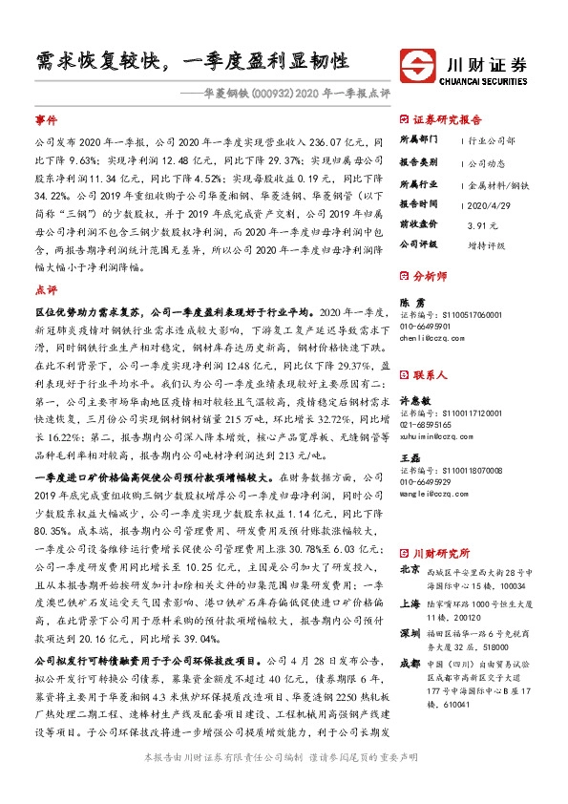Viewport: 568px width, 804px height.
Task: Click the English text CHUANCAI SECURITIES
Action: [487, 83]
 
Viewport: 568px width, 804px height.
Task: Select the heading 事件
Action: [46, 122]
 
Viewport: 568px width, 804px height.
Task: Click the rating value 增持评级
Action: [486, 243]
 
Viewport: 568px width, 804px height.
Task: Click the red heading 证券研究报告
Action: [448, 120]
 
